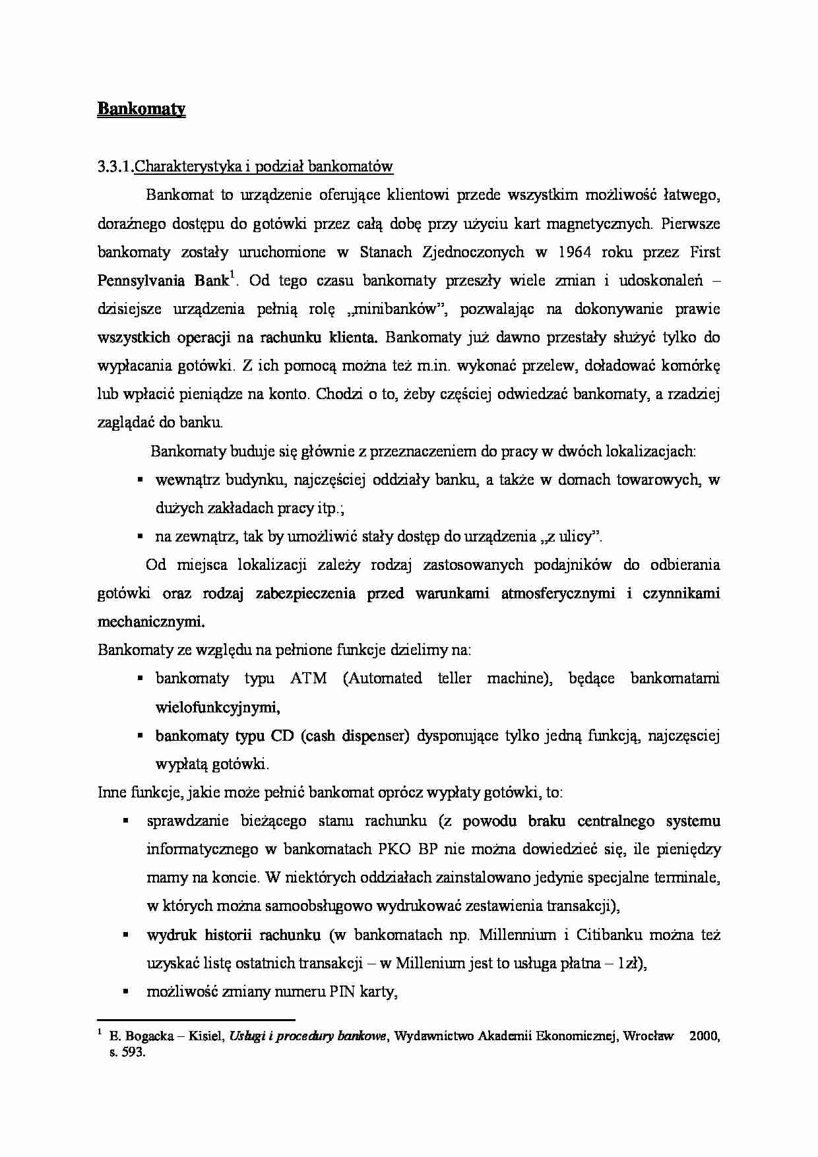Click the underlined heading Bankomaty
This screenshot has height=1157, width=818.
pos(141,109)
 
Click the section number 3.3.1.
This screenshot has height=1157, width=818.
pos(115,167)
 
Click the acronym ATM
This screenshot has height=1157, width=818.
pos(308,679)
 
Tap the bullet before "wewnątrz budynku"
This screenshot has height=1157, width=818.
pos(140,480)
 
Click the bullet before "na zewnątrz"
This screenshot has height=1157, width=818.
pos(140,537)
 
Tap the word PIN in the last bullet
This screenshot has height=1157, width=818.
pos(343,992)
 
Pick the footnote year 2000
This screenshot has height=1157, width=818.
pos(705,1036)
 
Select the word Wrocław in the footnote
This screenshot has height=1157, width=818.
pos(649,1036)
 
